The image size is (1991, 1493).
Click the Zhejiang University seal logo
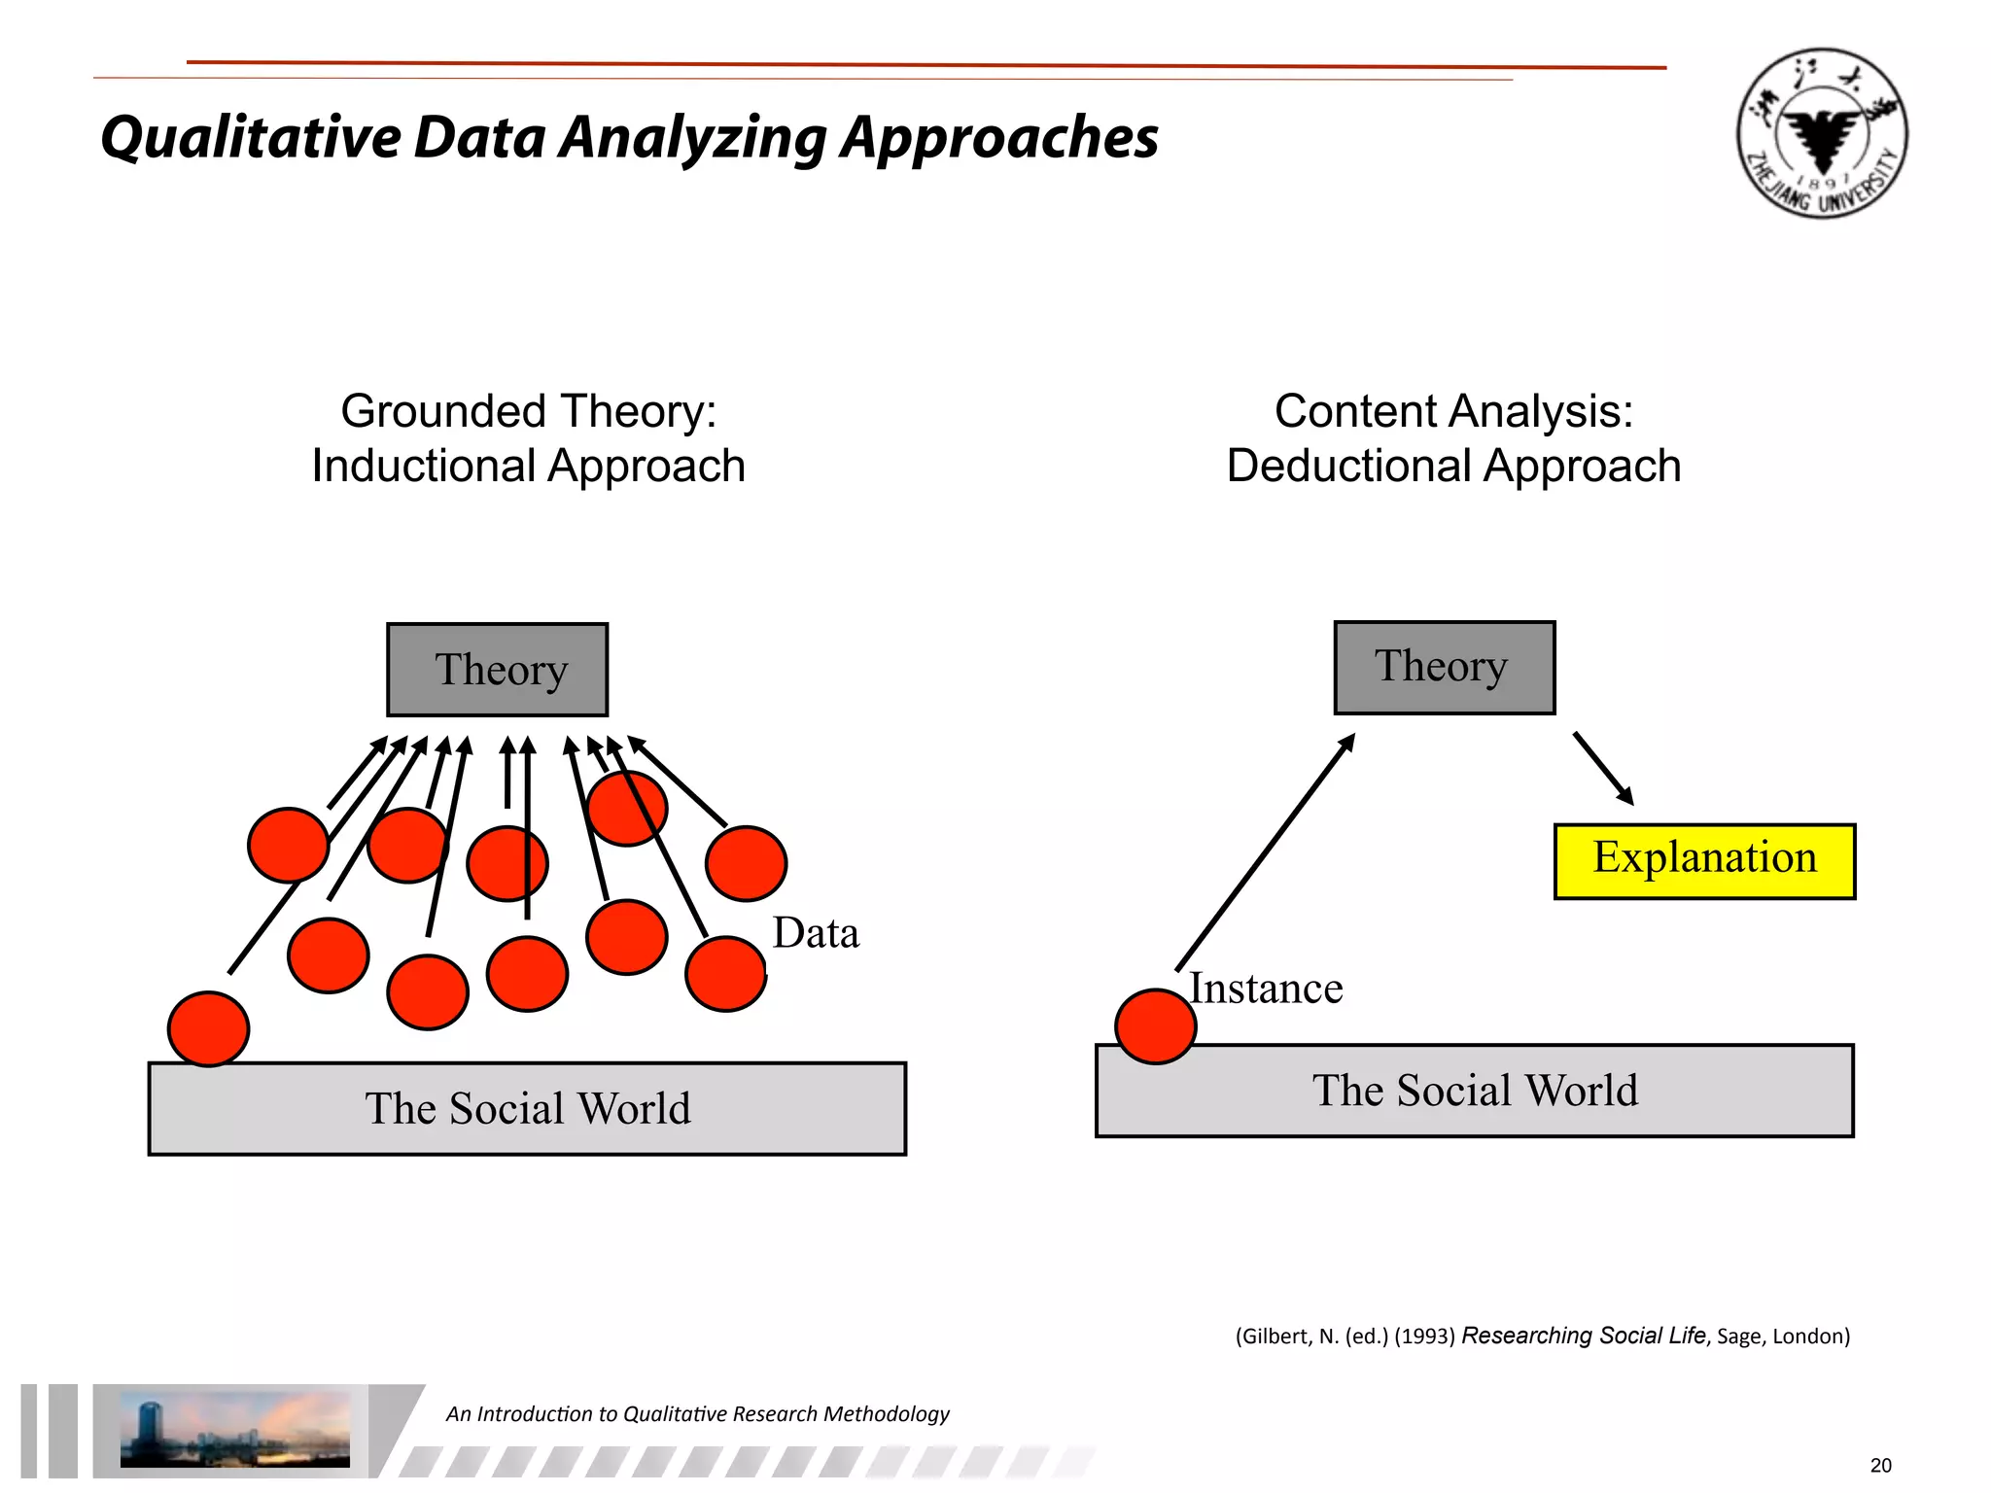click(1822, 133)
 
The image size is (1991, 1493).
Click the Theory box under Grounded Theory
click(497, 670)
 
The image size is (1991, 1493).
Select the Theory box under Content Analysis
click(1444, 668)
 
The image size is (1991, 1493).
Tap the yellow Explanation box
click(1704, 861)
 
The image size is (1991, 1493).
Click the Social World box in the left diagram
click(527, 1108)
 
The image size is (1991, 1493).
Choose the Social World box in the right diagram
click(1474, 1091)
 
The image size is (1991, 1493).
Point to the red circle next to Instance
click(1155, 1026)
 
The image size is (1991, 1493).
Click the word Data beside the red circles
click(816, 933)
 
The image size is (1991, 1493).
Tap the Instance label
click(1266, 989)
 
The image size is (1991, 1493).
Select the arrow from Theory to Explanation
click(1603, 768)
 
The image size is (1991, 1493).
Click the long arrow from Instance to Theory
click(1264, 852)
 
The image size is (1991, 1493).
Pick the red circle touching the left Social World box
click(208, 1028)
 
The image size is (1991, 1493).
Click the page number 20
click(1880, 1465)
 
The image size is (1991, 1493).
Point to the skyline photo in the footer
click(234, 1429)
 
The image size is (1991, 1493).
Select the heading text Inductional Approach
click(528, 466)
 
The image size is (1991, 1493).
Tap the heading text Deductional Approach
click(1453, 466)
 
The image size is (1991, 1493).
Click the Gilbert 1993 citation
click(1542, 1336)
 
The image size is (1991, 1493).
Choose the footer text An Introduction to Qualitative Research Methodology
click(697, 1413)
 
